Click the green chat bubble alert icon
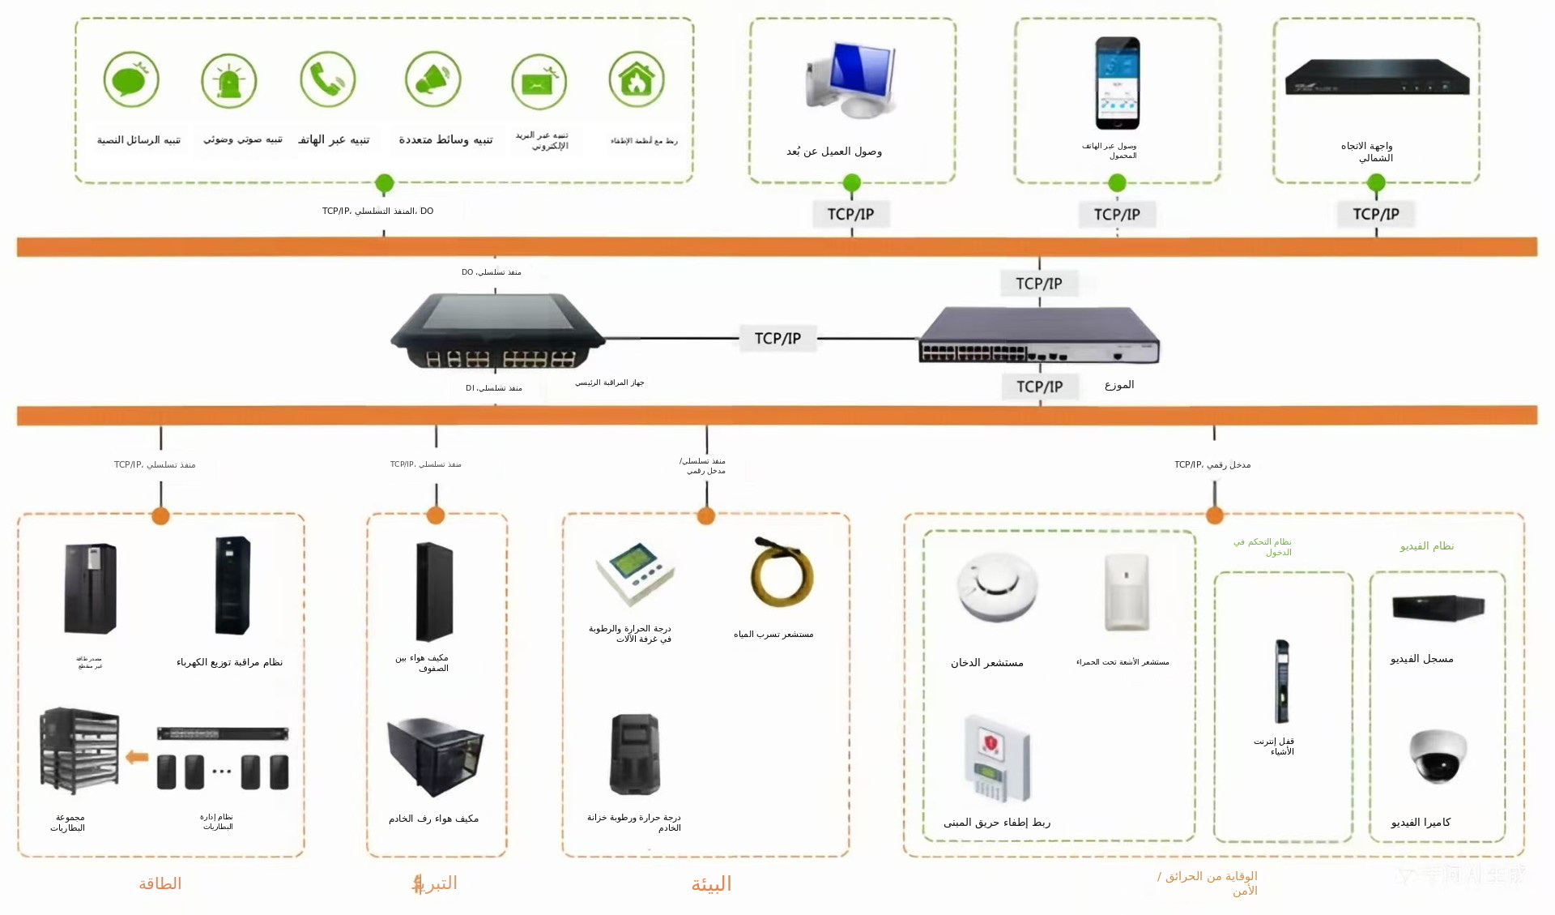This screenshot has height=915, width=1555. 131,79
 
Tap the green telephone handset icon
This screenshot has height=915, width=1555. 327,79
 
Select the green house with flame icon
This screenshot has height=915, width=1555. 637,79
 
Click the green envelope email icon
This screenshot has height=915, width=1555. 539,82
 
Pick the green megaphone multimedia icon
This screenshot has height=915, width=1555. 433,79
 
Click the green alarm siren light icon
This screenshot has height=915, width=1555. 229,81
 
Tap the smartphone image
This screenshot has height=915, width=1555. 1118,83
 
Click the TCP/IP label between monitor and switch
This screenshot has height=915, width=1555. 777,338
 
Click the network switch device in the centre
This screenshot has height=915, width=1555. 1039,335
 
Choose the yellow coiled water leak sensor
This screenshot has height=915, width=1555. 782,573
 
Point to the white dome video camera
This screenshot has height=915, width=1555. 1438,755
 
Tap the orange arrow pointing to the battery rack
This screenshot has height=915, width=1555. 137,757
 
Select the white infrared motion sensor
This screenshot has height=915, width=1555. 1127,592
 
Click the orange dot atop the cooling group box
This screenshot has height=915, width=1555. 436,515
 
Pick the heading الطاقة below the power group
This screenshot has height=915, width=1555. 160,883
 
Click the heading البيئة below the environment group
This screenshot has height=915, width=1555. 711,884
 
